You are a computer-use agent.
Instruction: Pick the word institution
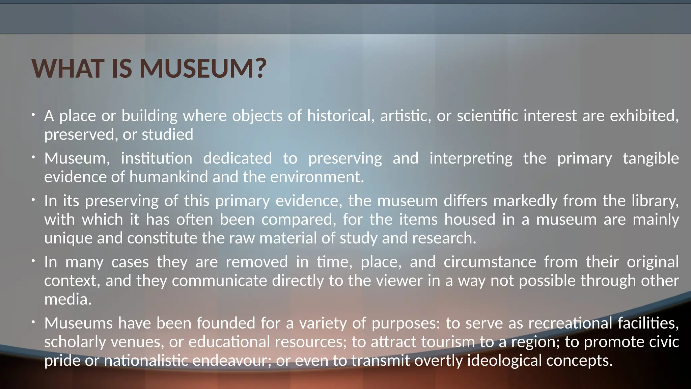157,158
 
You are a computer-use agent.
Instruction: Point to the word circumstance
490,262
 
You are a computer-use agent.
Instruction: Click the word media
68,299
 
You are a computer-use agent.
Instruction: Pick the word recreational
570,323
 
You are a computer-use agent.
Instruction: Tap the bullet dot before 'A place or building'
33,115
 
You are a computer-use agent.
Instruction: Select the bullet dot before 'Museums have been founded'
33,322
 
